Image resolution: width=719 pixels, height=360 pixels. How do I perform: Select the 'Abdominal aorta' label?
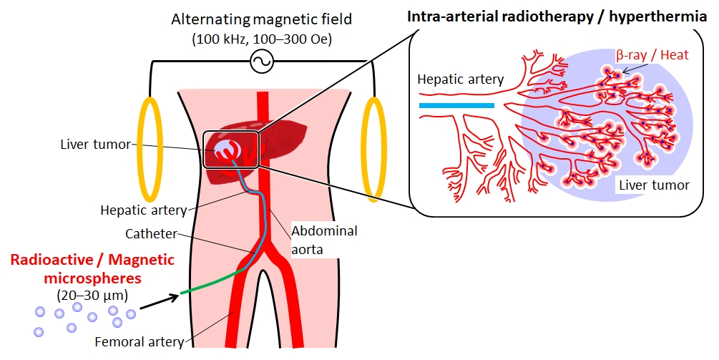(x=323, y=238)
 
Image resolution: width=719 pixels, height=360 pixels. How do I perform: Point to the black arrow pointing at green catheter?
(x=157, y=301)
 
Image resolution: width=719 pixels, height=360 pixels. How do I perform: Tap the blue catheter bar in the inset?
(x=456, y=105)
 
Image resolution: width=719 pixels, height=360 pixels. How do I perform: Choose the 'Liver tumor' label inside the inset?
(x=654, y=185)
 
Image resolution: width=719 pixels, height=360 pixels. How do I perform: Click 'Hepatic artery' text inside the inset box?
(x=461, y=79)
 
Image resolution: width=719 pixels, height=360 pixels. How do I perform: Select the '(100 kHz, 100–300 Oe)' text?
(x=260, y=39)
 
